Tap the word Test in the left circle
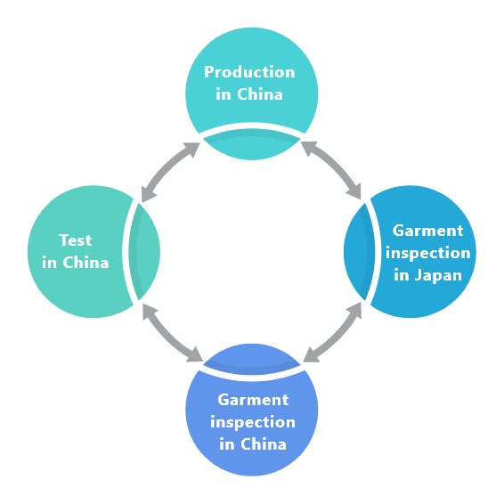coord(76,240)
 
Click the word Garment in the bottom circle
coord(253,400)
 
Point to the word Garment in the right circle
coord(428,231)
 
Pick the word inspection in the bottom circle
coord(253,422)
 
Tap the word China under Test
coord(85,263)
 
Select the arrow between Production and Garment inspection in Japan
coord(331,169)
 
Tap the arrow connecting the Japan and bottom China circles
coord(332,332)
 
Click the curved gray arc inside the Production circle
coord(252,135)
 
